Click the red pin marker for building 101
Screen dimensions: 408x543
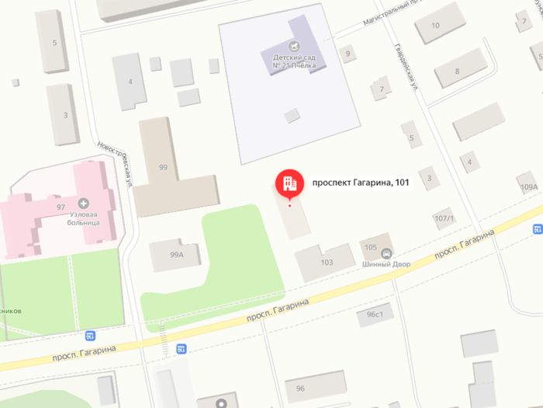(x=289, y=183)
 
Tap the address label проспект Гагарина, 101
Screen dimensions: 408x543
(x=359, y=183)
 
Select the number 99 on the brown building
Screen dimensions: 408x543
(x=163, y=167)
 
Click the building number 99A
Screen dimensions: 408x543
(x=176, y=254)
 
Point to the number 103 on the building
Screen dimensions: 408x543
(x=327, y=262)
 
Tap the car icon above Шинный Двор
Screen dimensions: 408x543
(x=386, y=252)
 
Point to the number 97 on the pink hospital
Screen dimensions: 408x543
(x=61, y=207)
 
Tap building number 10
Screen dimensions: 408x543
(x=435, y=26)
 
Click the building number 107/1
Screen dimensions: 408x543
(x=444, y=218)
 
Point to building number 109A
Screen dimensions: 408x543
(x=529, y=187)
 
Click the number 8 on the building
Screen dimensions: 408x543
(x=457, y=71)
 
